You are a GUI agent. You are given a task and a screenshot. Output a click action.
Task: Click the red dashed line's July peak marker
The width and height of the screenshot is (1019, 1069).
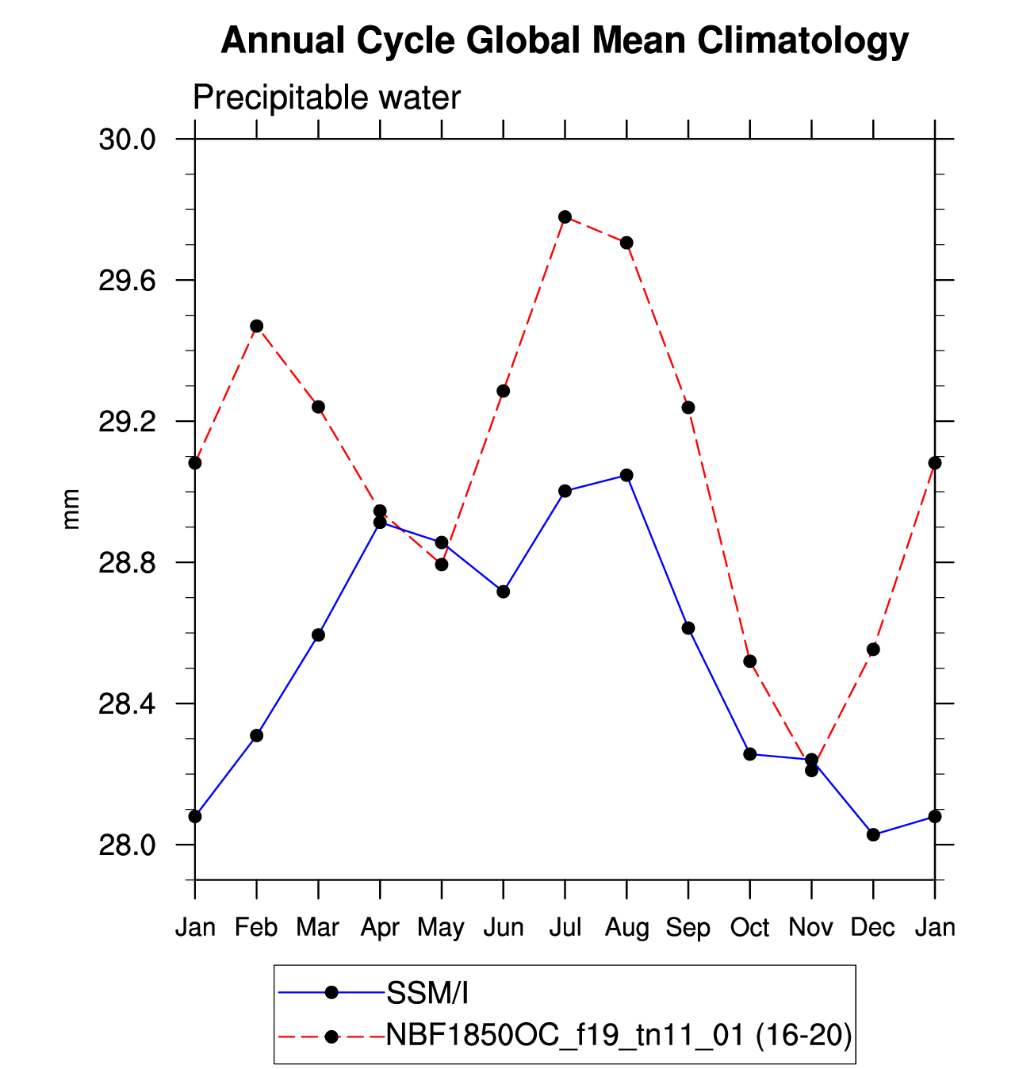565,216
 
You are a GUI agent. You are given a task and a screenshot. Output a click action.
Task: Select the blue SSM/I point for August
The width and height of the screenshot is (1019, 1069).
626,475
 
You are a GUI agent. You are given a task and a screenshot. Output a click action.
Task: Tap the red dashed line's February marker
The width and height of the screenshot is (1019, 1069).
256,326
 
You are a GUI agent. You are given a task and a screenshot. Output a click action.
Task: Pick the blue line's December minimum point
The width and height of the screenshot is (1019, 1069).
873,834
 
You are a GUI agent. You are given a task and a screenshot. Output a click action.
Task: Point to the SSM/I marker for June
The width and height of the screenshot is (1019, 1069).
503,592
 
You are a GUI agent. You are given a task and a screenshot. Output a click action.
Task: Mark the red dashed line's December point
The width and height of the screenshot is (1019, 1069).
873,649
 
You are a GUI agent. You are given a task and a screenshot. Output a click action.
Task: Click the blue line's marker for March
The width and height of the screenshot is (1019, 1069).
318,634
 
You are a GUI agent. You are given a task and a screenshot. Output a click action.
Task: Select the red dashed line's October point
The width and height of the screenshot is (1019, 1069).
749,661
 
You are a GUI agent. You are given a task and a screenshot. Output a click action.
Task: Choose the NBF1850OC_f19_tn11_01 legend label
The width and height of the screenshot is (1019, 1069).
619,1035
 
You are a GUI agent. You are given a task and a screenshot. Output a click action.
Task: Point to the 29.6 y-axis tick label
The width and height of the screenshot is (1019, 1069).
127,281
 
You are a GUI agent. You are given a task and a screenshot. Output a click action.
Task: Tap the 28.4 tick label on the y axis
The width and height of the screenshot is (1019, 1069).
127,704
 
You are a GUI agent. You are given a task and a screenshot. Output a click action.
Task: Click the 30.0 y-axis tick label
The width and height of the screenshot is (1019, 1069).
127,140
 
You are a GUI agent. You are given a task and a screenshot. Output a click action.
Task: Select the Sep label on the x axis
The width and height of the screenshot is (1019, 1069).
688,927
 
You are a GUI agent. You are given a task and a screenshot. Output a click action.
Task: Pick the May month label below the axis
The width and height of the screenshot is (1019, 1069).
441,927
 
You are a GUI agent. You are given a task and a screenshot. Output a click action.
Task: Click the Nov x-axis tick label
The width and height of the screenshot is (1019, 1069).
810,927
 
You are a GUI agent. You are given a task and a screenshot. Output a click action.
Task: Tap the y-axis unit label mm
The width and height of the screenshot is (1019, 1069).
71,509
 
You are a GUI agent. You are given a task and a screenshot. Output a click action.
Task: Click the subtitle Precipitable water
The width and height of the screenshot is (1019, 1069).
327,98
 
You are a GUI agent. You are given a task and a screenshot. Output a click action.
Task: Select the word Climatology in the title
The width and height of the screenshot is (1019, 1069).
803,40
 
